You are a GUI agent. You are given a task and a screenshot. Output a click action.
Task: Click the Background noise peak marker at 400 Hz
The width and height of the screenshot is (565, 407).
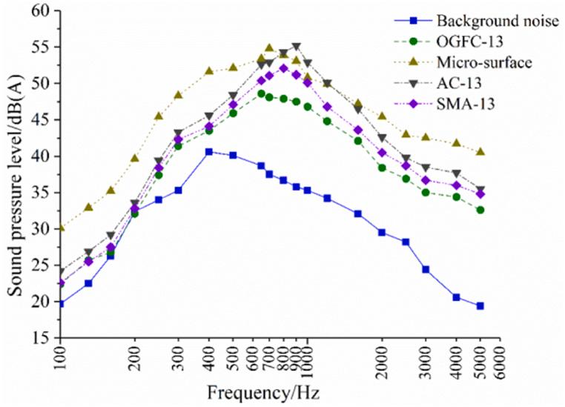coord(209,151)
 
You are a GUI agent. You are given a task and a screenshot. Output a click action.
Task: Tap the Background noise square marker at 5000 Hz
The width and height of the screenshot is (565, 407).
coord(480,305)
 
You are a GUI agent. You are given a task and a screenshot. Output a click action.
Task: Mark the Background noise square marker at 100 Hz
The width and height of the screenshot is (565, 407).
coord(60,303)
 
